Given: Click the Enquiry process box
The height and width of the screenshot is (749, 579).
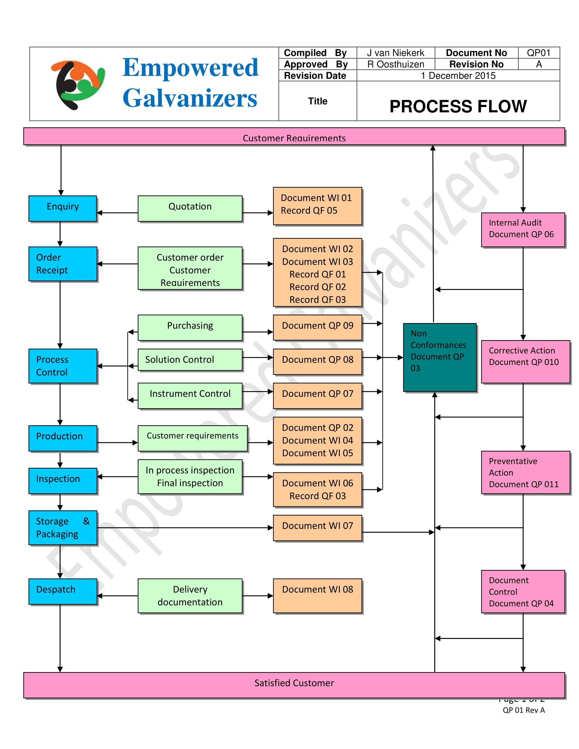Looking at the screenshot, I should [63, 208].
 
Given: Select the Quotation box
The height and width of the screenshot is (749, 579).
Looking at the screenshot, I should [190, 208].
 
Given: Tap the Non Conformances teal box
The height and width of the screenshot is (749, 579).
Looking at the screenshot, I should [439, 357].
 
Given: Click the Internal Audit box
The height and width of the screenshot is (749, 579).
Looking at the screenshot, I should [522, 229].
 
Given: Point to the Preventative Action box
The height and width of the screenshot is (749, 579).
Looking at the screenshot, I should [525, 472].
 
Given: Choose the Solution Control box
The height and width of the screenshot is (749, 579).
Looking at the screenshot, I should [190, 360].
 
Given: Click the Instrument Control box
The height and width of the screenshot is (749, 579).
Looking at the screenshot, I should [190, 395].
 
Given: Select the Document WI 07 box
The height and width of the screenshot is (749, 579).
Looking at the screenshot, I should [317, 527].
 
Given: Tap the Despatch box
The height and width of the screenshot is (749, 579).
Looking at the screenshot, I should [63, 591].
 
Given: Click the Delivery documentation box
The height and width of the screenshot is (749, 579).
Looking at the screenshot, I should [190, 595].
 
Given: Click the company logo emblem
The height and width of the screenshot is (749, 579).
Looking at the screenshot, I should [78, 85].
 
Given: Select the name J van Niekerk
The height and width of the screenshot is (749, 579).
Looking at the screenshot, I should [395, 53].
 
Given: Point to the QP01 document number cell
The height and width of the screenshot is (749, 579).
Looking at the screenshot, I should [538, 53].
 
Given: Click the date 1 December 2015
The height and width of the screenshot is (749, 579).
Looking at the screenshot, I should [458, 76].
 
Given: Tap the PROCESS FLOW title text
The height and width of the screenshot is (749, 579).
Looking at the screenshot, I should [458, 106].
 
